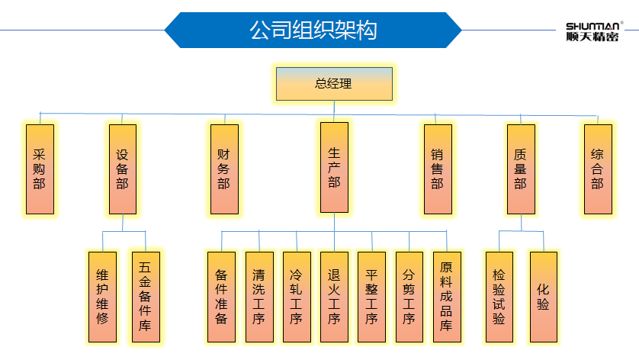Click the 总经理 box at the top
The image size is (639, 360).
[x=334, y=84]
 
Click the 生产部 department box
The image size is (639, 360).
[x=334, y=166]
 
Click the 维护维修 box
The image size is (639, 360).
[x=102, y=296]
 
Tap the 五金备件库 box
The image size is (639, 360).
[x=145, y=296]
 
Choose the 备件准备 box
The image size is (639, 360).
[x=221, y=296]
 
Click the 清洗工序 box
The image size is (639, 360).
[x=258, y=296]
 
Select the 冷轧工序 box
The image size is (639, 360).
[x=296, y=296]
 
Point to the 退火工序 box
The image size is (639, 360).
[x=334, y=296]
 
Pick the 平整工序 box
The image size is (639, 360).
[x=371, y=296]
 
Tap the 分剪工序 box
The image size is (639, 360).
[x=409, y=296]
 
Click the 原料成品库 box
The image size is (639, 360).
[x=446, y=296]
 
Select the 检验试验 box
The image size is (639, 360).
[x=499, y=296]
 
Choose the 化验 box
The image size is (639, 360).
[x=543, y=296]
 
